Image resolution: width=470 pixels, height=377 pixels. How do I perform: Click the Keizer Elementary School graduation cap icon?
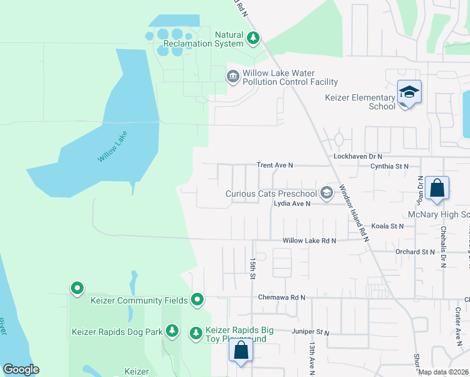point(409,93)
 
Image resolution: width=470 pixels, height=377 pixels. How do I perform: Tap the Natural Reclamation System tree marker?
point(253,39)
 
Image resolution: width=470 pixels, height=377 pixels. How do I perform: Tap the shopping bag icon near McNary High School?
point(437,188)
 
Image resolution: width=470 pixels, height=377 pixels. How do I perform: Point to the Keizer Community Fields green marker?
point(197,300)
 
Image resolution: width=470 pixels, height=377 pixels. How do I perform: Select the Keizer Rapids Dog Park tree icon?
point(172,331)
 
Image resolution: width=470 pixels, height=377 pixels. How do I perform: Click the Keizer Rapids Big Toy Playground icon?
point(196,331)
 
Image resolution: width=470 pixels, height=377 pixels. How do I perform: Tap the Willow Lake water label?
point(112,146)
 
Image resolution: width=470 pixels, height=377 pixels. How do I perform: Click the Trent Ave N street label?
point(275,165)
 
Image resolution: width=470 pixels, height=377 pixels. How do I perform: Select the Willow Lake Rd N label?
point(309,241)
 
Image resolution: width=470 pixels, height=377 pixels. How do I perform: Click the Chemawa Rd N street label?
point(281,297)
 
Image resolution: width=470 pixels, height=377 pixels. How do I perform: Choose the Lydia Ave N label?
point(292,204)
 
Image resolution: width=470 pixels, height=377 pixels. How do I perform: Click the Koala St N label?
point(387,226)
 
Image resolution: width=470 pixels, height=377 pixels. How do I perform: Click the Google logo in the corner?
point(21,369)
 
